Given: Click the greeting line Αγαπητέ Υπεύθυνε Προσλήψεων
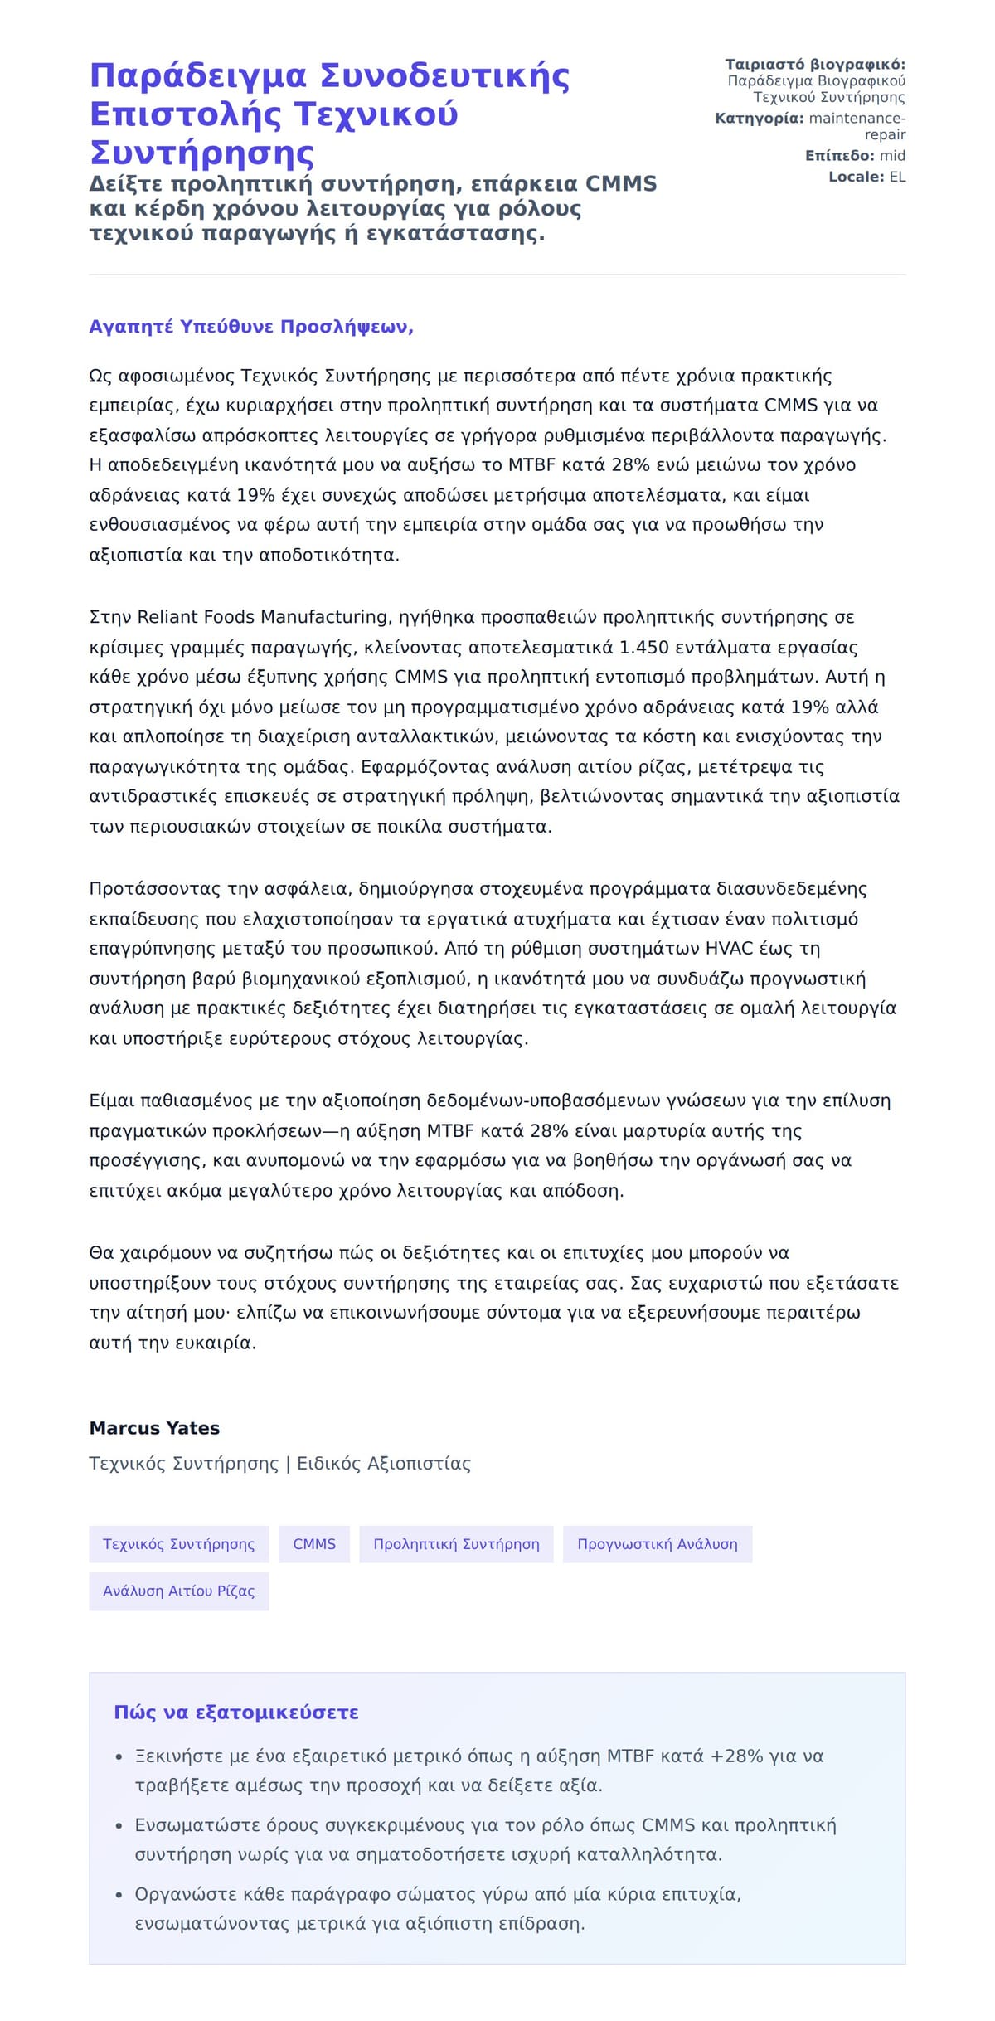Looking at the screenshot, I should click(250, 327).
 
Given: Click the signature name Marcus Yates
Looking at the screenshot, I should click(154, 1428).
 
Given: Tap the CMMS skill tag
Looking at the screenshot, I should click(314, 1544).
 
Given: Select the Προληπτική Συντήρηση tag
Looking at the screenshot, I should click(456, 1544).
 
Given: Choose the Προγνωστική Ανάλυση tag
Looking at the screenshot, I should click(658, 1544).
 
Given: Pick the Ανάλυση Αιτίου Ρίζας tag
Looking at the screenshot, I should click(179, 1591).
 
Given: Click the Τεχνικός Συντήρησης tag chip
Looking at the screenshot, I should click(179, 1544).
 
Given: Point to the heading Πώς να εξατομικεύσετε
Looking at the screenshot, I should click(236, 1713).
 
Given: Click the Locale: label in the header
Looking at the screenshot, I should click(857, 177).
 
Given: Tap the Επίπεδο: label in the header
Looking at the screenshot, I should click(839, 156).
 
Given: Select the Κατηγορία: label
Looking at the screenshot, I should click(759, 119).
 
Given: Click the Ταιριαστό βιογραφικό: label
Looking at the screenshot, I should click(815, 65).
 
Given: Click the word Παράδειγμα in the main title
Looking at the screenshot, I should click(198, 76).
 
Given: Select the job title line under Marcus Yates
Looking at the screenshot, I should click(279, 1464).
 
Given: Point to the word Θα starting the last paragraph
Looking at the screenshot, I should click(101, 1253).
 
